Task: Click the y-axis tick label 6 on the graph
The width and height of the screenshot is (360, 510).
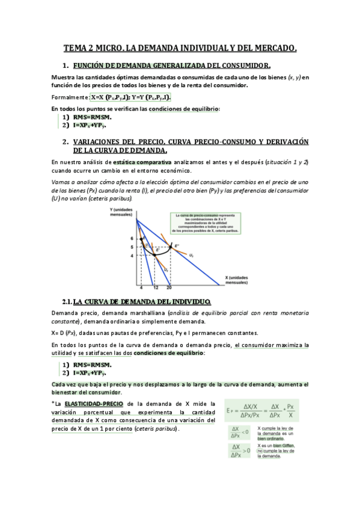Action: (x=131, y=239)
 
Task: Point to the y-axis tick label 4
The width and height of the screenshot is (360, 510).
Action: (x=131, y=256)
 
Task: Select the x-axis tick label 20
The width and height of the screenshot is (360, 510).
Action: (x=169, y=287)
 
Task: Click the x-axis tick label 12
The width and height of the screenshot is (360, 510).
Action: (x=155, y=287)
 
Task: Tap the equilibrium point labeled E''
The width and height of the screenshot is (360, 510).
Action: (x=177, y=245)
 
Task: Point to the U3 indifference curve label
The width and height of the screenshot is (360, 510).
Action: (x=191, y=255)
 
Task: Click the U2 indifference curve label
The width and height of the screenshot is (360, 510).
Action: (x=166, y=270)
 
